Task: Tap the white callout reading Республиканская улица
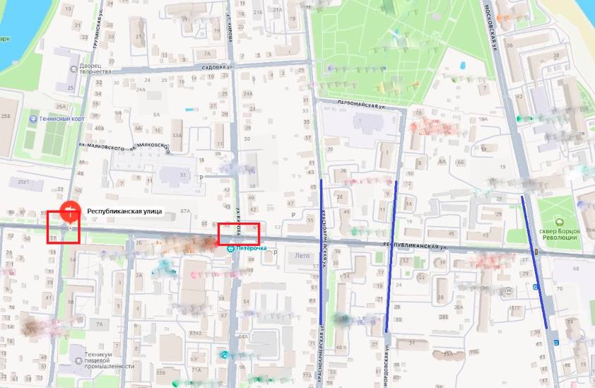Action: (x=124, y=211)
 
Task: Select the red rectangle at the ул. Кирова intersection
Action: (x=239, y=233)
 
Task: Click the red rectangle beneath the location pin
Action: (x=63, y=228)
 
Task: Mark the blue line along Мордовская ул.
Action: (x=391, y=254)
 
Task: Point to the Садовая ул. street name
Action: (x=217, y=67)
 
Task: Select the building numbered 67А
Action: (x=186, y=210)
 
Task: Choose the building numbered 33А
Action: (x=176, y=135)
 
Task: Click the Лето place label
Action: (x=302, y=255)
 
